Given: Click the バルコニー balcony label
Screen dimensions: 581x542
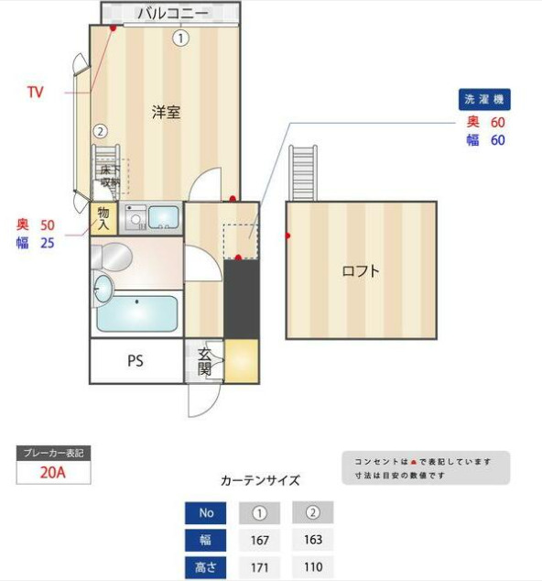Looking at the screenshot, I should tap(172, 13).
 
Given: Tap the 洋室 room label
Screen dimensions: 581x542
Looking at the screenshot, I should tap(166, 113).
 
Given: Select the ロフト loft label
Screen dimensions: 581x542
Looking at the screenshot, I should tap(361, 271).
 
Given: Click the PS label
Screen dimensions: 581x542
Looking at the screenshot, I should tap(135, 361).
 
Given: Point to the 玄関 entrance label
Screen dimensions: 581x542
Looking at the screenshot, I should tap(204, 363).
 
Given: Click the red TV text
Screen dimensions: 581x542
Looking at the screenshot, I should tap(36, 92).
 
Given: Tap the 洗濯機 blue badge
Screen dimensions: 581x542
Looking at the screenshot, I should tap(483, 99).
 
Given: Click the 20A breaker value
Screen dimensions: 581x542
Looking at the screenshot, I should tap(54, 473).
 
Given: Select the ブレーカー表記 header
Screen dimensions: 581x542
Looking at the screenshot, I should tap(54, 453).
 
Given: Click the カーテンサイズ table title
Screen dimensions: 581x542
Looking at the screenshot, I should tap(260, 480).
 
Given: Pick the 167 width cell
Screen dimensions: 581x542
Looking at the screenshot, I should tap(259, 540).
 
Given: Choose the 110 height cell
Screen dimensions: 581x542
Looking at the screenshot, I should tap(312, 567).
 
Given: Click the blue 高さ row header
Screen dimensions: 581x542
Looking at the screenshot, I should tap(205, 567).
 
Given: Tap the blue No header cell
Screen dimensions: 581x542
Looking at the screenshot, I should tap(205, 512).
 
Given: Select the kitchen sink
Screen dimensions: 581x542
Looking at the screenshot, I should tap(164, 218).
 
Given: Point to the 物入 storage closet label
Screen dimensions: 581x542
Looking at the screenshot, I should tap(103, 218).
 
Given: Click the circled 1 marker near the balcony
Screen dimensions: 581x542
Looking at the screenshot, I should tap(181, 38).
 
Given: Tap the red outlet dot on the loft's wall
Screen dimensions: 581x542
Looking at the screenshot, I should tap(287, 236).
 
